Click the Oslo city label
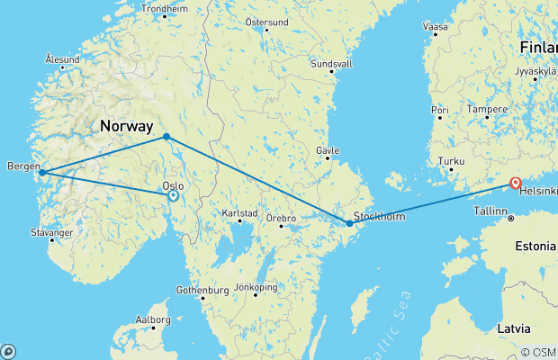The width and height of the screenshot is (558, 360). click(173, 186)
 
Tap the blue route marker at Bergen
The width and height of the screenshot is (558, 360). click(41, 172)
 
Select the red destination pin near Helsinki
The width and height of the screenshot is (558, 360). click(515, 183)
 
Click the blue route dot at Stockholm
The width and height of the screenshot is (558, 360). click(349, 223)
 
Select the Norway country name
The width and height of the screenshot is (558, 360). click(127, 127)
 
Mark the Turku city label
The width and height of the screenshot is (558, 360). click(449, 161)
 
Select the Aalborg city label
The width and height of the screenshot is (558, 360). click(153, 319)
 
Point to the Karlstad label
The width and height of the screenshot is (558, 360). click(240, 215)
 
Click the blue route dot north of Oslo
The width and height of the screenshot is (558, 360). click(166, 137)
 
